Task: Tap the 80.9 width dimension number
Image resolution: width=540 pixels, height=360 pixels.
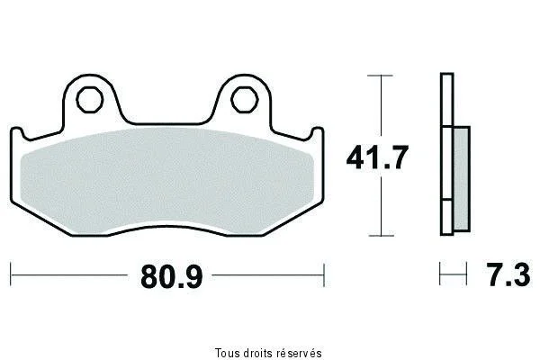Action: tap(172, 276)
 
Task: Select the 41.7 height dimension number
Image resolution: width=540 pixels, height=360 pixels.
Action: tap(377, 157)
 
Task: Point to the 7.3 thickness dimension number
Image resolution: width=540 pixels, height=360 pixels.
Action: tap(508, 274)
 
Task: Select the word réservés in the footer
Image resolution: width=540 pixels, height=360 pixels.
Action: tap(300, 353)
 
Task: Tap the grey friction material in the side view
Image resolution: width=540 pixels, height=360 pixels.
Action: tap(462, 179)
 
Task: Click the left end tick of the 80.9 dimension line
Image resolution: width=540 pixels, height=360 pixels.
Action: tap(11, 274)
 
